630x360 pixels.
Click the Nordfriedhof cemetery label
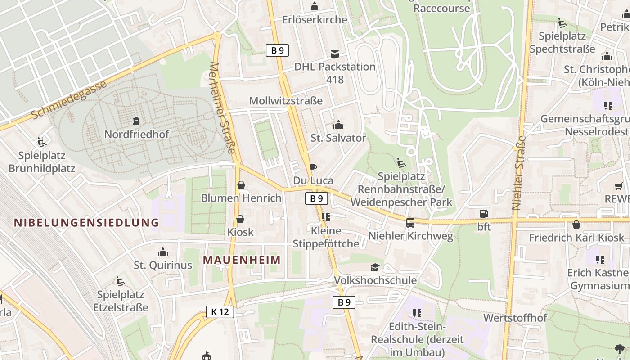[137, 134]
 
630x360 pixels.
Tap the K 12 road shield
[220, 311]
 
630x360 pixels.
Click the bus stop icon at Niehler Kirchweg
[410, 222]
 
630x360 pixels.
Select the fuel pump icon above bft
[484, 214]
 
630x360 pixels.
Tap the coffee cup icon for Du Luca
[313, 168]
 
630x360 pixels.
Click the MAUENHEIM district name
[242, 260]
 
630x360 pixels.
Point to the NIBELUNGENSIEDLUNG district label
[86, 222]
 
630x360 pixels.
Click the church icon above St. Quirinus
[163, 252]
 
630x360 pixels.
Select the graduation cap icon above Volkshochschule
[375, 268]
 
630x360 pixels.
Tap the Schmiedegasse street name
[69, 100]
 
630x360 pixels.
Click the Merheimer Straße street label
[223, 108]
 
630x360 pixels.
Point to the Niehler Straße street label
[519, 173]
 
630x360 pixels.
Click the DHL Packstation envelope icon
[335, 54]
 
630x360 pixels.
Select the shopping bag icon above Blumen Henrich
[241, 185]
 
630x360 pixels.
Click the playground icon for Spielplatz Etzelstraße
[120, 281]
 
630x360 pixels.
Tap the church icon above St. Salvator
[338, 125]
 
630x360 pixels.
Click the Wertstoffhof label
[515, 318]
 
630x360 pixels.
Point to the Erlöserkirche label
[315, 20]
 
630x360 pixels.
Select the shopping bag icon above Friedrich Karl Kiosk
[576, 225]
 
